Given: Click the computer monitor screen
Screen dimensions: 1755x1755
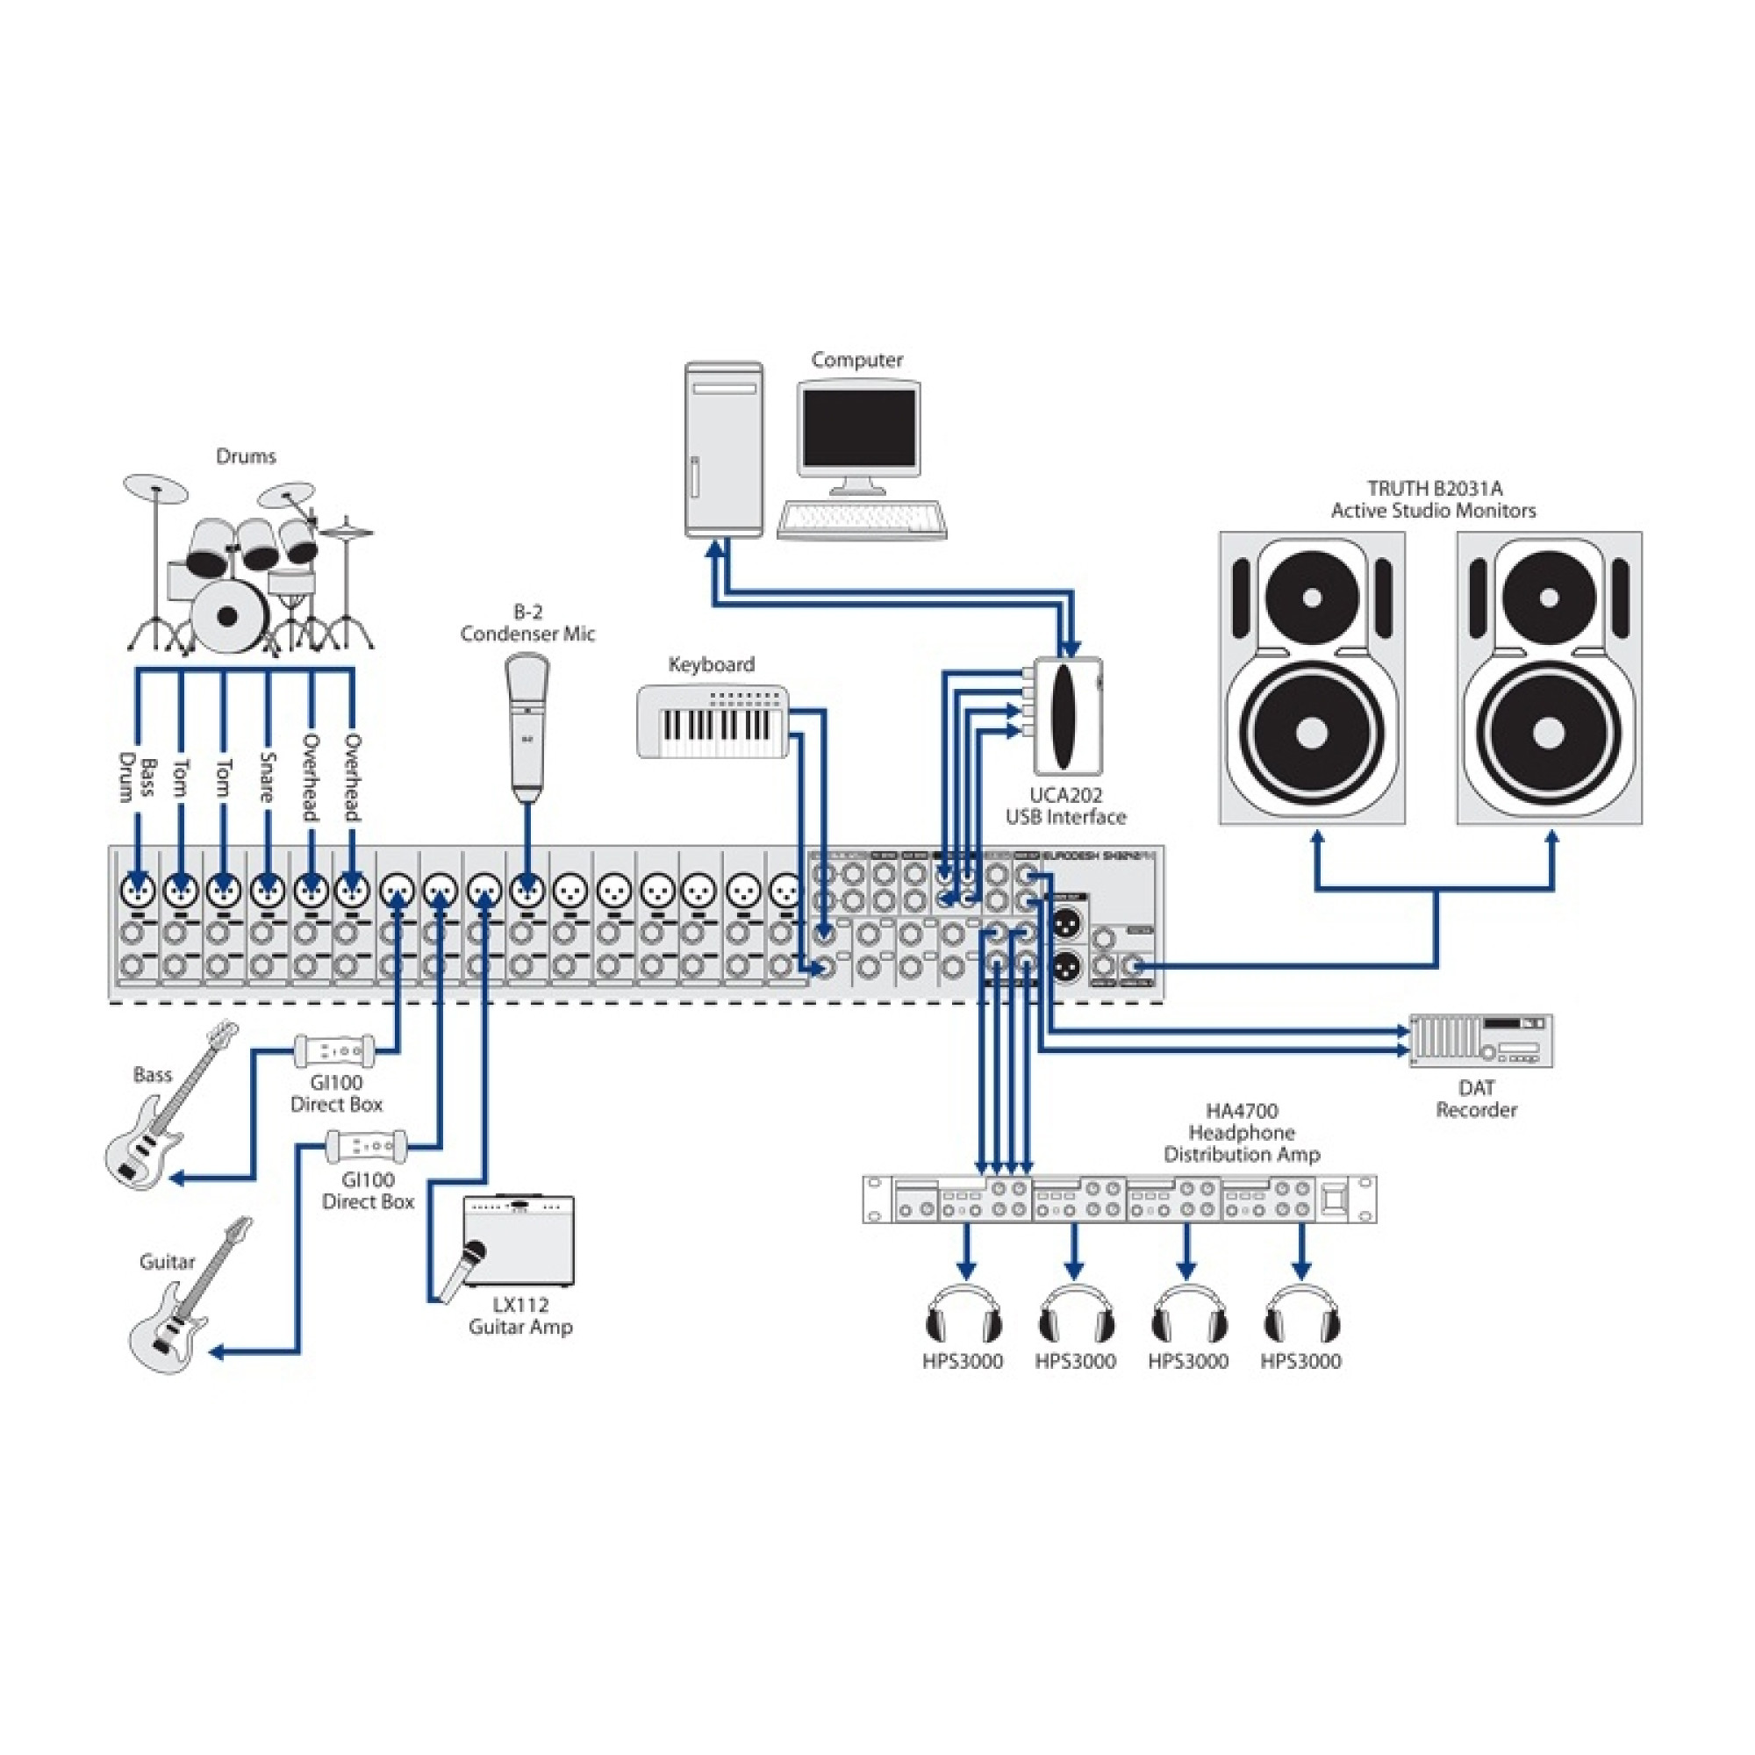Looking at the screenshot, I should [x=858, y=429].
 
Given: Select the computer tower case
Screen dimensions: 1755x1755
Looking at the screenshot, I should [x=724, y=448].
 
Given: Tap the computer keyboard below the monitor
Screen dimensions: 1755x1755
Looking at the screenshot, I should [x=861, y=519].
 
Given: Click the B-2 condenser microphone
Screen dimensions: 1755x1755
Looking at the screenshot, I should [x=527, y=727].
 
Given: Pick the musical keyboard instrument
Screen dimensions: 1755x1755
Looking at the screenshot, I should [x=713, y=722].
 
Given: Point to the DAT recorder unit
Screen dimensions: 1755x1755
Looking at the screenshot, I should [x=1479, y=1040].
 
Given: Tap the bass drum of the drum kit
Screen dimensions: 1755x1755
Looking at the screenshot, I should [x=228, y=616].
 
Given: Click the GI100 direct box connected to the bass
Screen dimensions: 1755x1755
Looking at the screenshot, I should [x=333, y=1050].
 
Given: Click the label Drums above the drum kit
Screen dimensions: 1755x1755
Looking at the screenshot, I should [x=246, y=456].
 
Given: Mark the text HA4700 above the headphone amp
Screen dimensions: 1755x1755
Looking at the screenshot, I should [x=1241, y=1111].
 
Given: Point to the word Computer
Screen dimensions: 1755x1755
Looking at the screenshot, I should [x=856, y=360].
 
